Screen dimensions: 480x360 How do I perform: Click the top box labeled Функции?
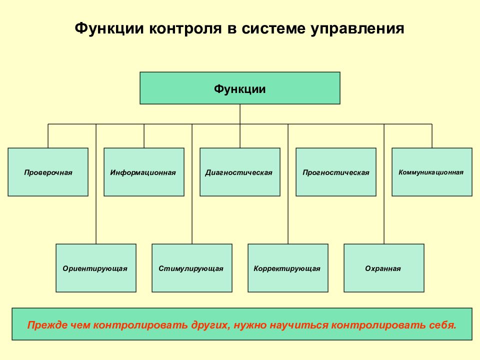239,88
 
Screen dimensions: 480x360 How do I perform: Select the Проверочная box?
48,172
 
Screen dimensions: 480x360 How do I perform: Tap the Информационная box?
144,172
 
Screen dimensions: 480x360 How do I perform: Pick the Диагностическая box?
239,172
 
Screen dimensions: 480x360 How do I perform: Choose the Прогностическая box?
336,172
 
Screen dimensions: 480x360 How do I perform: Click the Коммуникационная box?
432,172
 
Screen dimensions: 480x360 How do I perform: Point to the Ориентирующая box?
96,268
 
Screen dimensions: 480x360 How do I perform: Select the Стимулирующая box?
192,268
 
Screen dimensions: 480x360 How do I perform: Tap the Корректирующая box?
288,268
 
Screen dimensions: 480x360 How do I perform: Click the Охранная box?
384,268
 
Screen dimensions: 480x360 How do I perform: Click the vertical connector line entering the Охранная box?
384,184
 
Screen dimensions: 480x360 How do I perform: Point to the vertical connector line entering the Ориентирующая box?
96,184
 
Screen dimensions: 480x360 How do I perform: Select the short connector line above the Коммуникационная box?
432,136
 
